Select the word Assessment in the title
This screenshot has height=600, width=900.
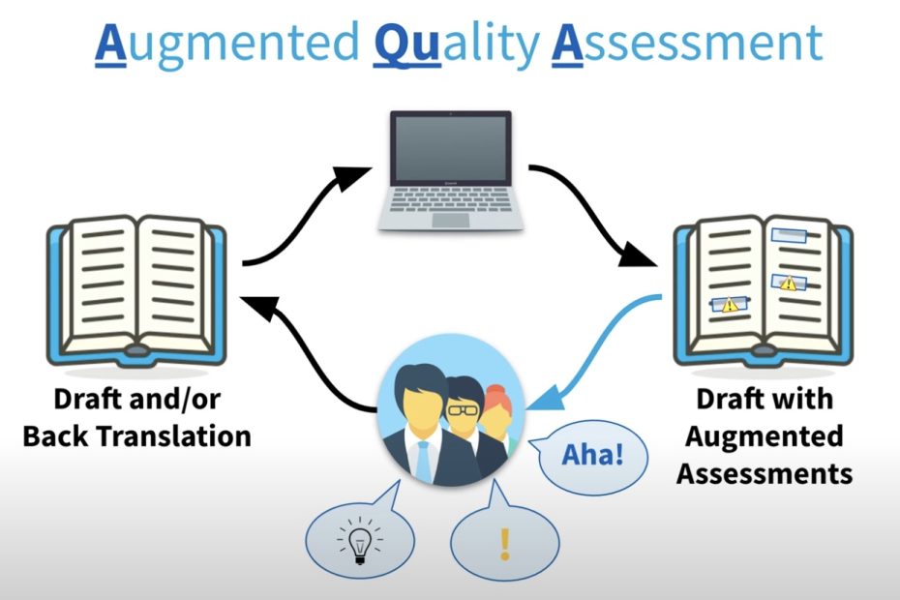tap(688, 43)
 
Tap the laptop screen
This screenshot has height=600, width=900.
tap(451, 148)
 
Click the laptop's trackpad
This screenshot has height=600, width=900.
tap(451, 221)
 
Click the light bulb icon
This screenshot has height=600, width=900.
tap(360, 540)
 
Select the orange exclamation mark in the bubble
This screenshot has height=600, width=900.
tap(504, 544)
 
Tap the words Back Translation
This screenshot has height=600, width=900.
tap(137, 436)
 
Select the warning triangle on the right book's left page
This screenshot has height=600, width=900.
tap(730, 304)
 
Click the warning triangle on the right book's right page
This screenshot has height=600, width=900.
tap(788, 283)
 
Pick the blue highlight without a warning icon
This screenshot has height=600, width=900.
tap(789, 235)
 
